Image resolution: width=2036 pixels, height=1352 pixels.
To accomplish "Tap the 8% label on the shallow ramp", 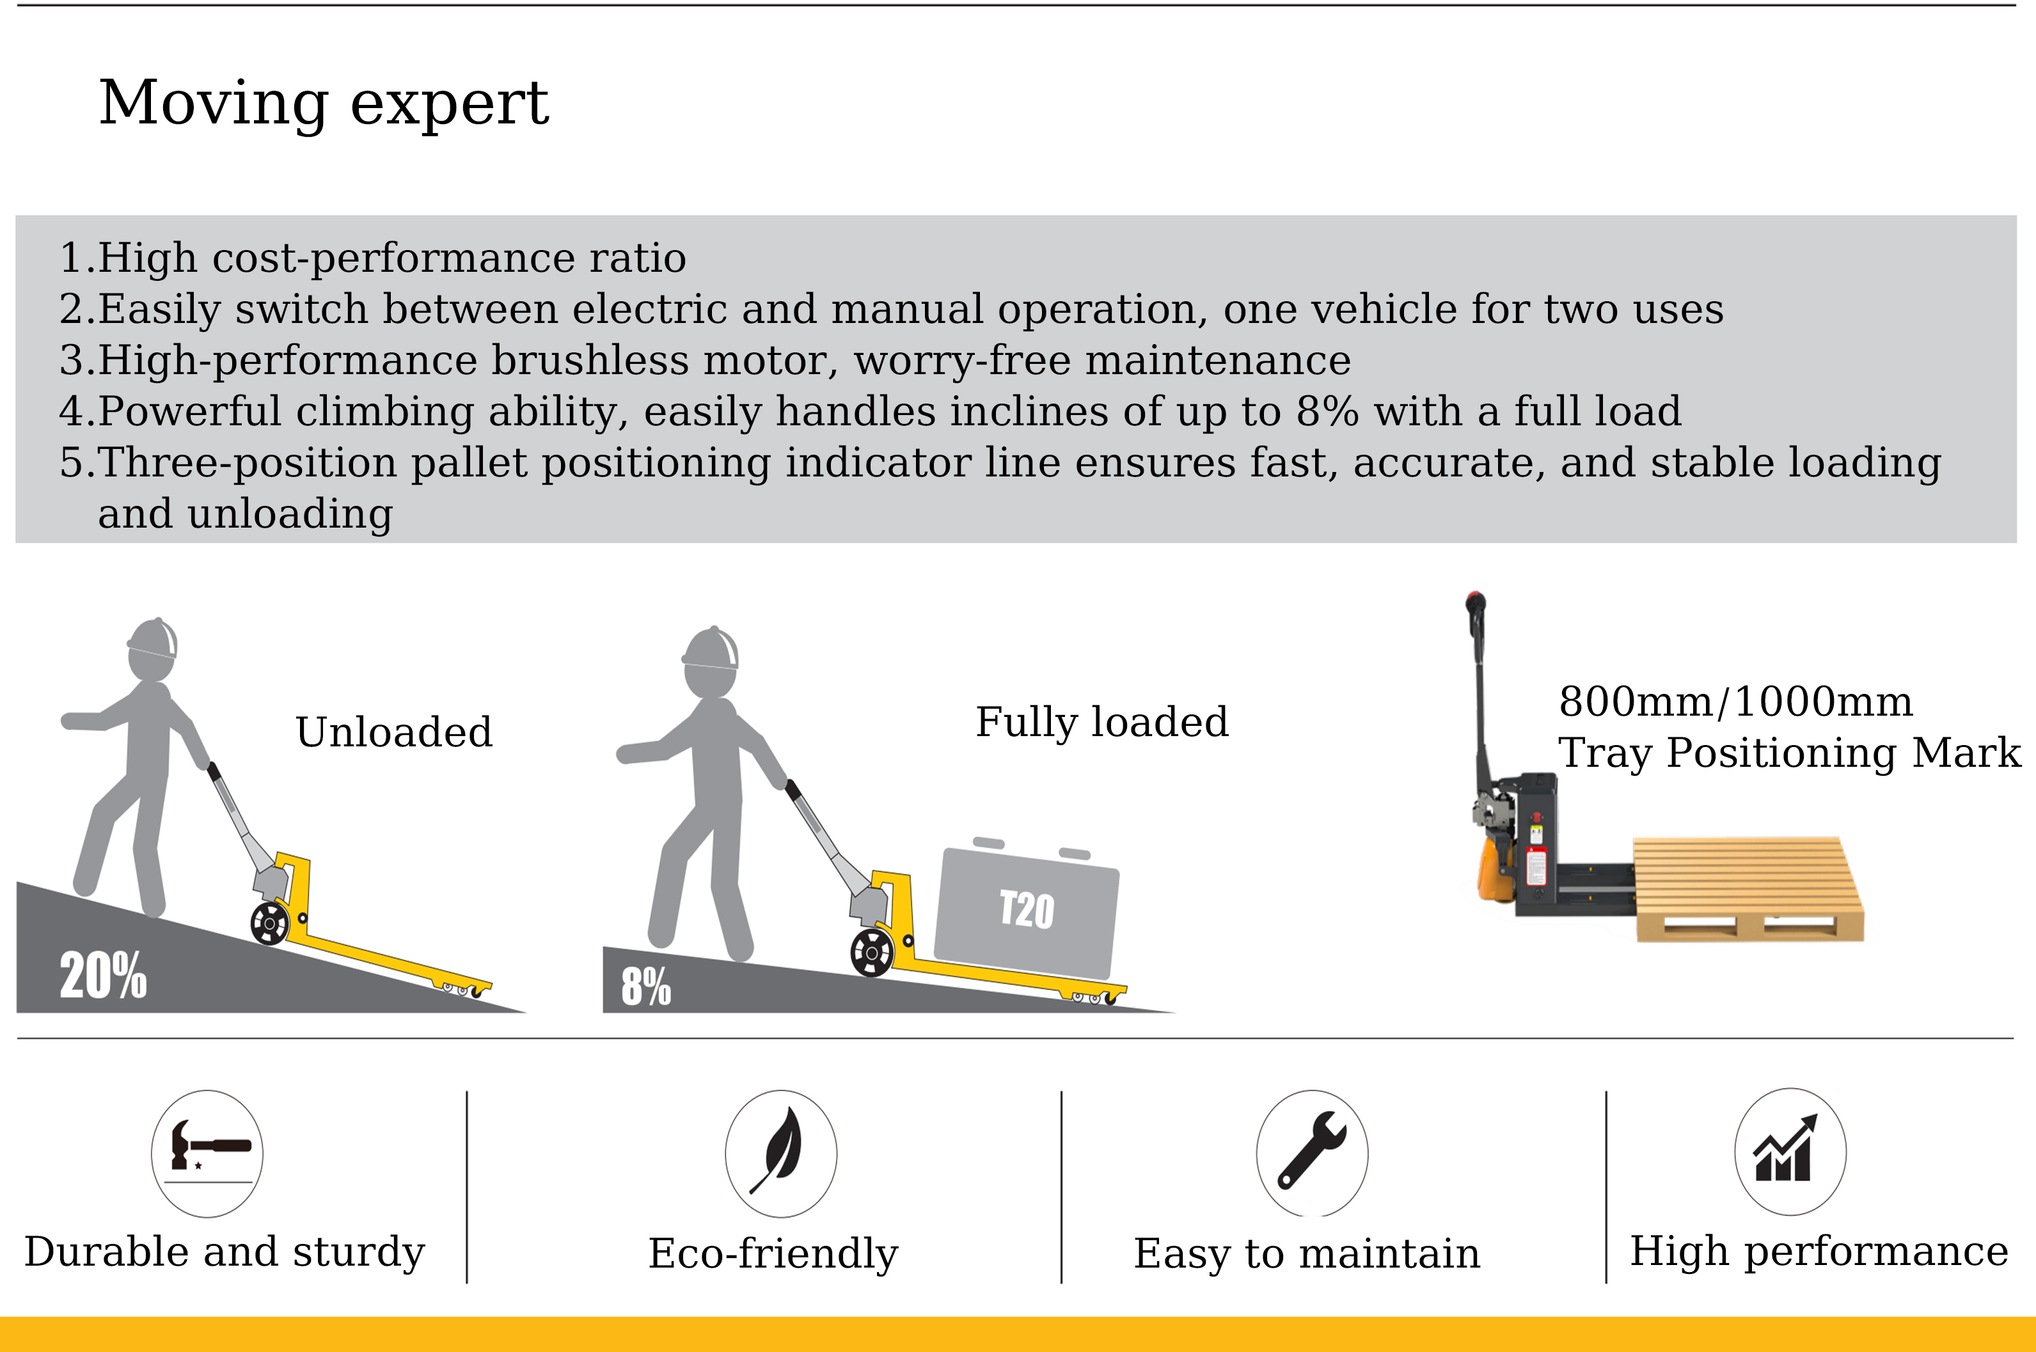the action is click(x=646, y=986).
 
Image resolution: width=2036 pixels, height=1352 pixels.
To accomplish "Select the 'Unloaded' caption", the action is click(x=394, y=732).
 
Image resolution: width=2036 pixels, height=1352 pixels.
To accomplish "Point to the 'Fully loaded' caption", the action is click(x=1102, y=721).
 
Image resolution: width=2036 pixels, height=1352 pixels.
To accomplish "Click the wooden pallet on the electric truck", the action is click(x=1748, y=888).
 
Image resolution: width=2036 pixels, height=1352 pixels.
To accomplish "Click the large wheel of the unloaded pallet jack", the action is click(x=270, y=924).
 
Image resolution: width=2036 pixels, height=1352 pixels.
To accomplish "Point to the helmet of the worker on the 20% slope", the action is click(x=153, y=638).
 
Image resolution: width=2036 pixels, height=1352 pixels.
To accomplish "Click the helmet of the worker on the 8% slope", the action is click(x=711, y=648).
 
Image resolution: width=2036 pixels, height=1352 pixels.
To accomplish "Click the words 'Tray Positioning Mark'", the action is click(x=1789, y=753).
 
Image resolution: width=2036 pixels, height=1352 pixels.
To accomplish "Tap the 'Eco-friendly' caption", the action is click(x=773, y=1254).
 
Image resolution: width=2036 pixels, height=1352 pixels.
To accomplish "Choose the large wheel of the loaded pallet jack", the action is click(x=872, y=953).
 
